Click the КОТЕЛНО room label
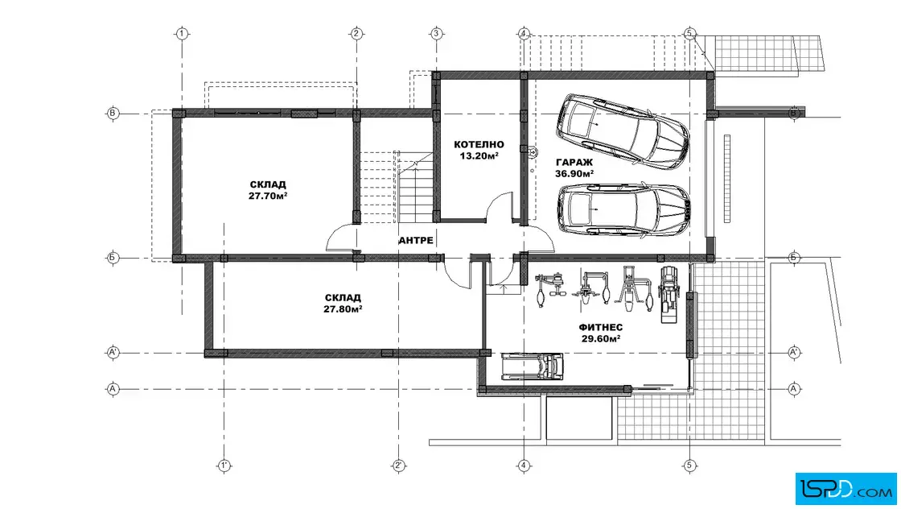(x=479, y=144)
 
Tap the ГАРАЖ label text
(x=574, y=162)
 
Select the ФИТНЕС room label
(x=600, y=327)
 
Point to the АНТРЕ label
(x=416, y=240)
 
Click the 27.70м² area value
(x=268, y=196)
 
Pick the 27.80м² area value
(x=343, y=308)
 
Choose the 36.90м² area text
(x=574, y=173)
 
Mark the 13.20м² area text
(x=479, y=155)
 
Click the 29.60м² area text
(x=600, y=339)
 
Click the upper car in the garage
(x=623, y=132)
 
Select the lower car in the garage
(x=624, y=209)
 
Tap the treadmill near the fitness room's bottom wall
(x=532, y=366)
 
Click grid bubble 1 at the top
(x=182, y=34)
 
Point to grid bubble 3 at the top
(x=436, y=34)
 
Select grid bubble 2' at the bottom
(x=399, y=466)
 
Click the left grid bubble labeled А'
(x=113, y=352)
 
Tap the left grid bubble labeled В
(x=113, y=114)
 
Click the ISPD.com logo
(x=845, y=489)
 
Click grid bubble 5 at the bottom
(x=689, y=466)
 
